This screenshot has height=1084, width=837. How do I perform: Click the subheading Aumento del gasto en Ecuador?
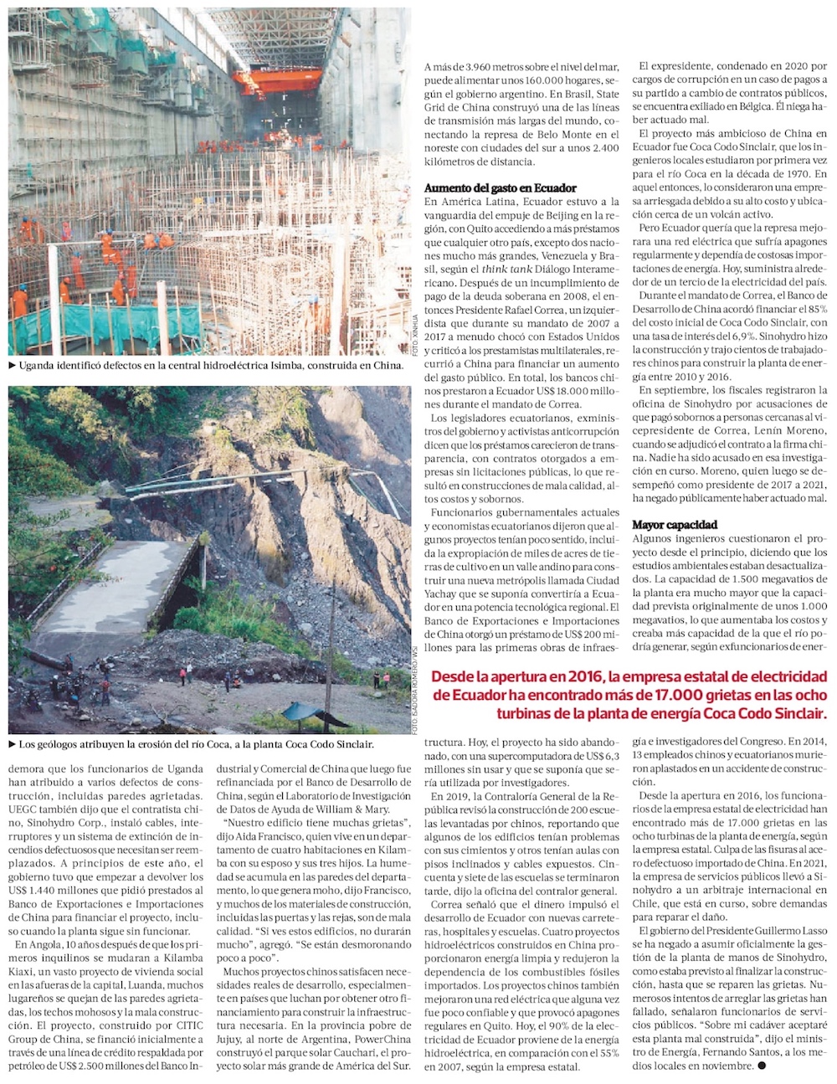[500, 188]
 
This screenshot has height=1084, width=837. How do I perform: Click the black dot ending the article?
[761, 1066]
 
